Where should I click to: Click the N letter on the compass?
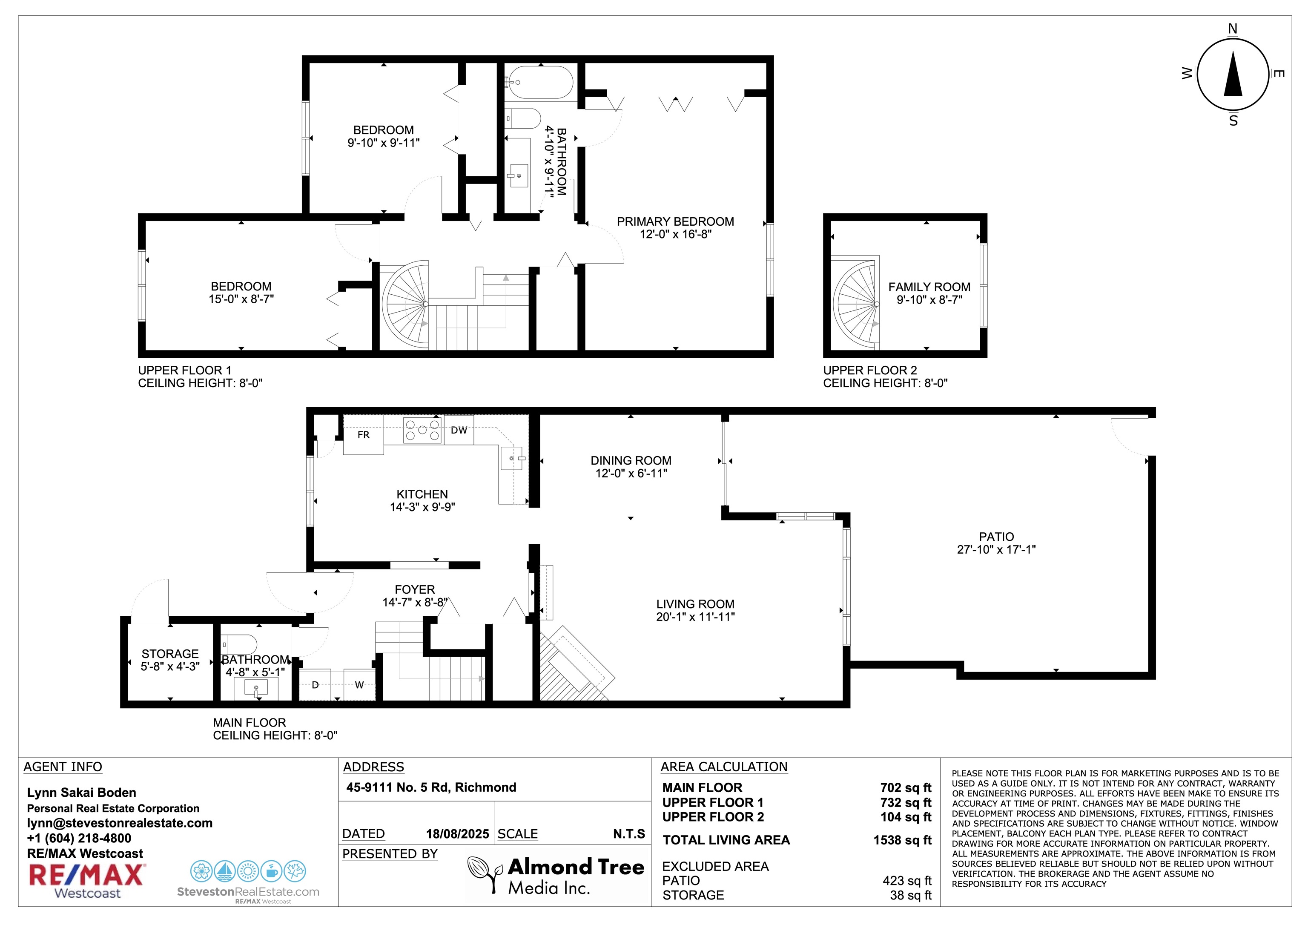point(1233,29)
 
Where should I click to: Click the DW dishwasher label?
point(459,430)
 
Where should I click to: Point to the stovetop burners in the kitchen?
point(422,430)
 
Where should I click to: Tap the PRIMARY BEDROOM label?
point(675,222)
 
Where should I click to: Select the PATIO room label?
point(996,537)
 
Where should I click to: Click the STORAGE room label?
point(170,654)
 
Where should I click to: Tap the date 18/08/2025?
point(457,834)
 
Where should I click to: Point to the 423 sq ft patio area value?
point(907,881)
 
